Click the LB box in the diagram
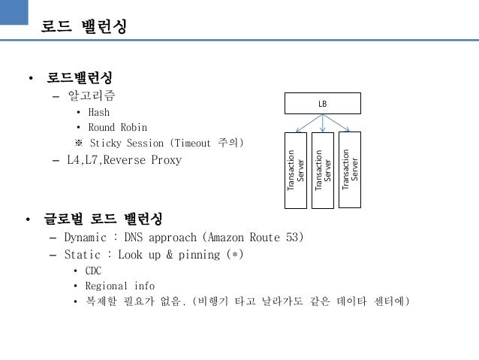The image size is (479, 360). click(x=323, y=102)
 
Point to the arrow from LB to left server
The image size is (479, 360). click(x=308, y=123)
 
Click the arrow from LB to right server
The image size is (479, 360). click(x=339, y=123)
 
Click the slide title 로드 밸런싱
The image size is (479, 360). click(x=83, y=27)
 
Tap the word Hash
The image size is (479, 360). click(x=98, y=113)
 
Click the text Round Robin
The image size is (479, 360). click(x=117, y=127)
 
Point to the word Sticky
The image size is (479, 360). click(x=106, y=142)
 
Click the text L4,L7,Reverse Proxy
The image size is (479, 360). click(x=123, y=159)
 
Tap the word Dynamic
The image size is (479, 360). click(x=85, y=237)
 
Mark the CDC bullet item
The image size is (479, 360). click(x=94, y=271)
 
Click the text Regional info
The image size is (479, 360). click(x=119, y=286)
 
